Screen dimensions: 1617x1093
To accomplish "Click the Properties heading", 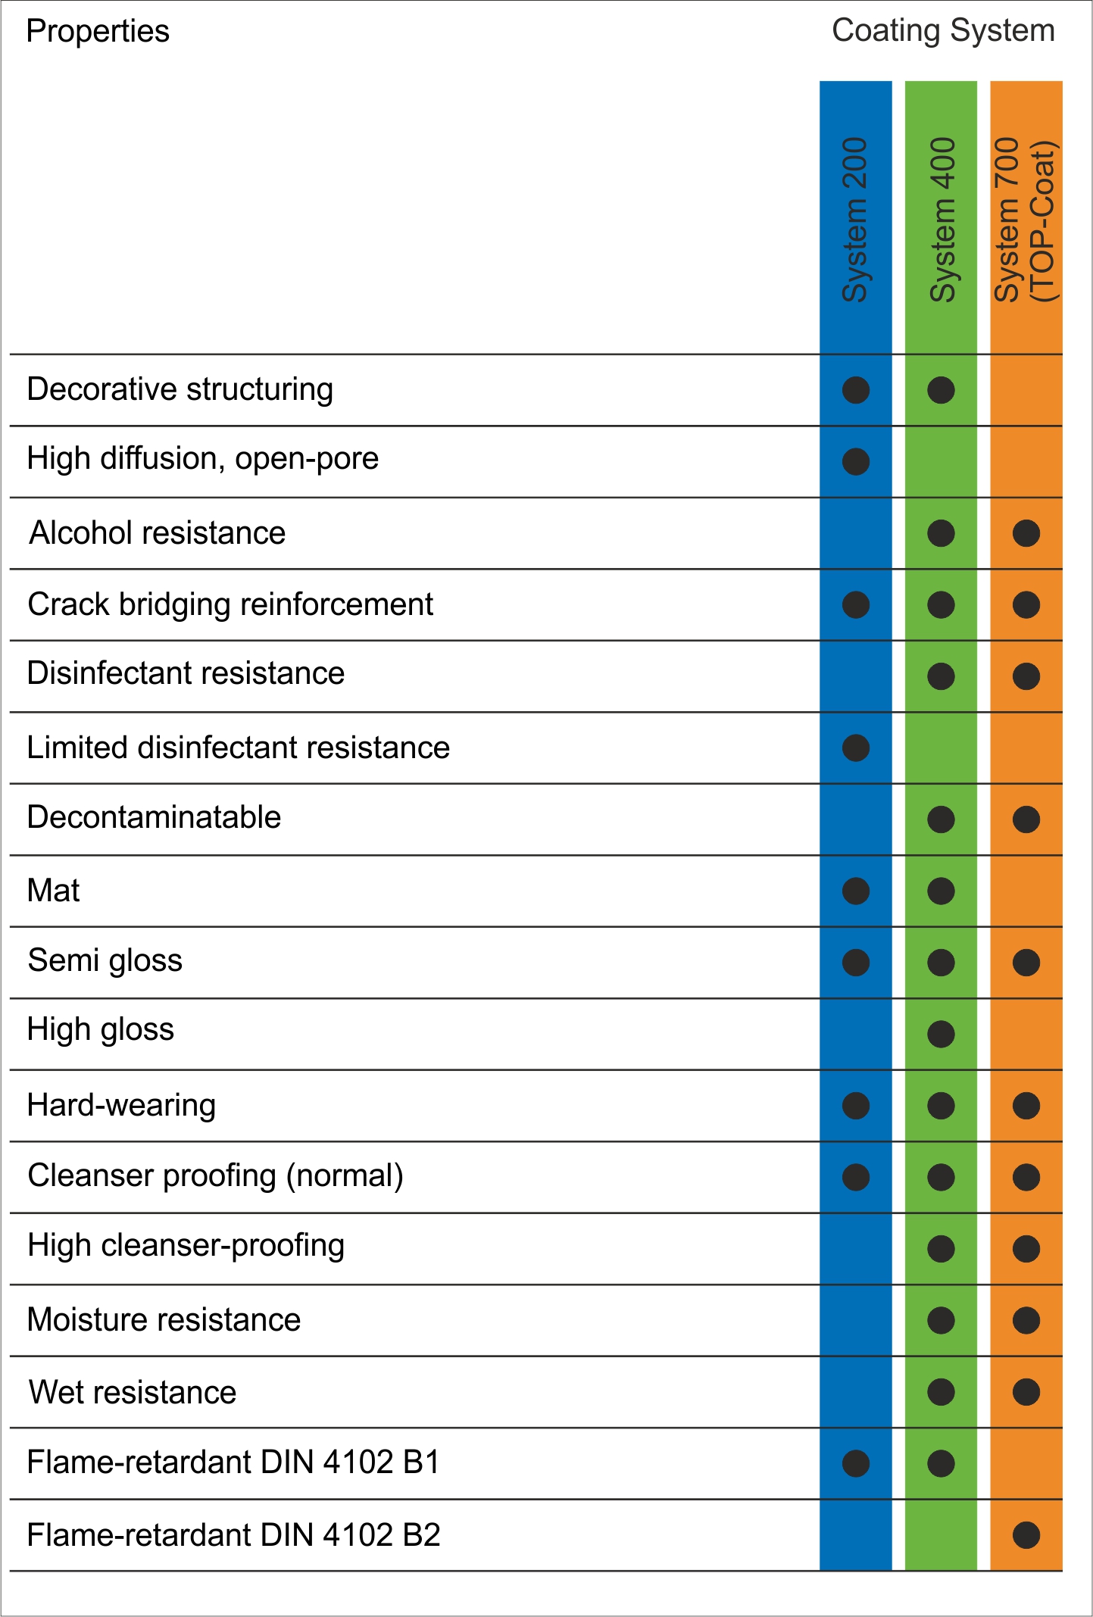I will pos(98,32).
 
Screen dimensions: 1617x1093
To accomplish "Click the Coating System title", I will pos(943,31).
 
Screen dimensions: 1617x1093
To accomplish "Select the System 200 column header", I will pos(855,220).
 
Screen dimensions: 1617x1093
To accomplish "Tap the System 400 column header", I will pos(942,220).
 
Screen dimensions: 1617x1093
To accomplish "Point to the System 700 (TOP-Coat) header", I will pos(1026,220).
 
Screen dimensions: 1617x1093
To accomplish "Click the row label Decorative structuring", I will pos(180,389).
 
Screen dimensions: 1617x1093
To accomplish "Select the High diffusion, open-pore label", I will pos(203,459).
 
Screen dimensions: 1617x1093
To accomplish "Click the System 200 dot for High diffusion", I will pos(856,461).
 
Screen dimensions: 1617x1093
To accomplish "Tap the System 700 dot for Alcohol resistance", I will pos(1026,533).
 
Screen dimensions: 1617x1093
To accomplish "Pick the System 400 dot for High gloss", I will pos(941,1034).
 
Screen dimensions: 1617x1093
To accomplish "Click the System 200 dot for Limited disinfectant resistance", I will pos(856,748).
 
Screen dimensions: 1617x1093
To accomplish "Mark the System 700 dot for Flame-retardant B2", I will pos(1026,1535).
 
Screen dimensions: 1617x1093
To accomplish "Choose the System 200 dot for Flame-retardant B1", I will pos(856,1463).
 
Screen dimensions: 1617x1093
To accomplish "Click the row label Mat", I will pos(53,891).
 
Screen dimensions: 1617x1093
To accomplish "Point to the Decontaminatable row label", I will pos(154,818).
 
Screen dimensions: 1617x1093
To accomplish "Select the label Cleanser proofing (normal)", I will pos(215,1176).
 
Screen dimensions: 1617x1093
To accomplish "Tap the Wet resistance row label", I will pos(133,1393).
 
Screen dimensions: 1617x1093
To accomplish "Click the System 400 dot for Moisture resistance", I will pos(941,1320).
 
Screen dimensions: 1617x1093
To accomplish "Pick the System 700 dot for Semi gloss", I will pos(1026,963).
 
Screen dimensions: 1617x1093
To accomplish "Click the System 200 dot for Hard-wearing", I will pos(856,1106).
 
